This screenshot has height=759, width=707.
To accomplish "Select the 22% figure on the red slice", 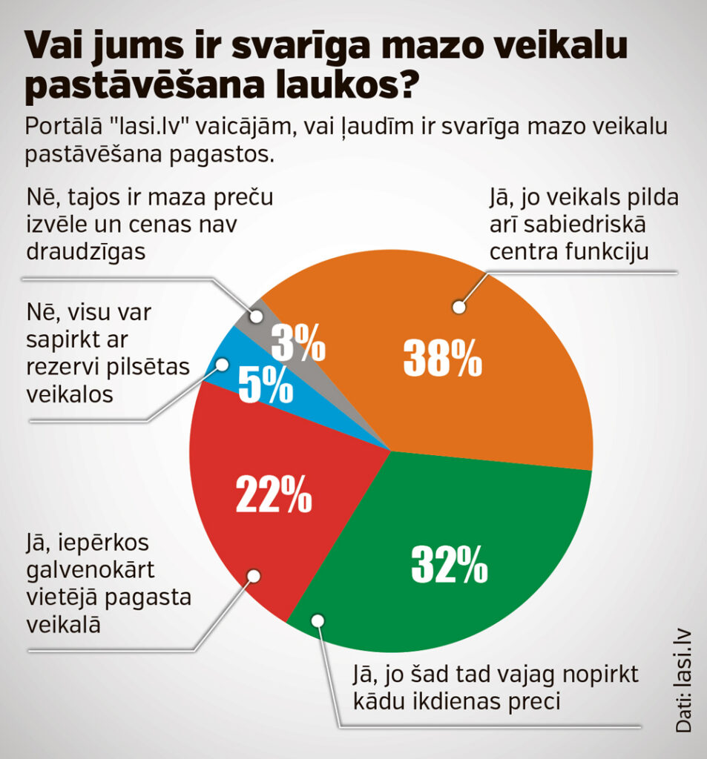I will (273, 494).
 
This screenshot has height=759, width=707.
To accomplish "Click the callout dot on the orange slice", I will (459, 305).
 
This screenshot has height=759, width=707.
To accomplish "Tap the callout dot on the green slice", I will (318, 620).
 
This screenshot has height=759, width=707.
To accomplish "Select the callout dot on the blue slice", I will (222, 363).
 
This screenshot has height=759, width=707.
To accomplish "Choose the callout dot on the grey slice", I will (257, 316).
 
